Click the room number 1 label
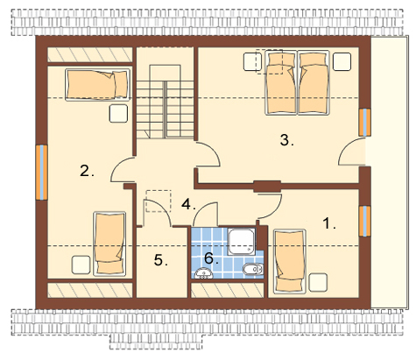329,223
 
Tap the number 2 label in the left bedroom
87,171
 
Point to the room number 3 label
287,140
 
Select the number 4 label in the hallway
188,204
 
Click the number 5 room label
161,260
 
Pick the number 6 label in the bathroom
211,258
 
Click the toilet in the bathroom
253,269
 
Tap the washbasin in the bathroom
203,273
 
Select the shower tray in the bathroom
242,241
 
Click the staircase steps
165,109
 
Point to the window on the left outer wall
42,173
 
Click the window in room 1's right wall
365,221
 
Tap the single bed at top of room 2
97,85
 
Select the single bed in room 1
290,261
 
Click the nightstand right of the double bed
342,61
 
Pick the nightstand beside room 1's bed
318,282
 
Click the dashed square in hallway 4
159,201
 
